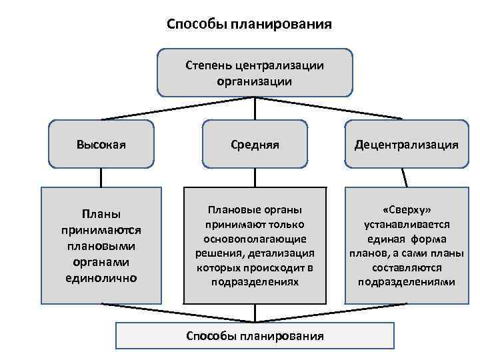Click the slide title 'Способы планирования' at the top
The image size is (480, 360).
click(249, 25)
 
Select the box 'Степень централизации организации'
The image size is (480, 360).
click(255, 73)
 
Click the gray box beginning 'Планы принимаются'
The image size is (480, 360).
click(101, 245)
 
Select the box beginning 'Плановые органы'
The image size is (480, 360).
click(255, 245)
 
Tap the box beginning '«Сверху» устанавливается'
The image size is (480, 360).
click(406, 245)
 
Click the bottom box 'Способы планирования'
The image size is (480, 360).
click(255, 336)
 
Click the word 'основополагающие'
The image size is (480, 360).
click(255, 239)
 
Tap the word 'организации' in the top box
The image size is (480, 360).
click(255, 81)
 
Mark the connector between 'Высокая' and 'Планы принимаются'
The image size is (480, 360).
click(101, 177)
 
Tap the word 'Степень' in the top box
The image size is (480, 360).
click(207, 65)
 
